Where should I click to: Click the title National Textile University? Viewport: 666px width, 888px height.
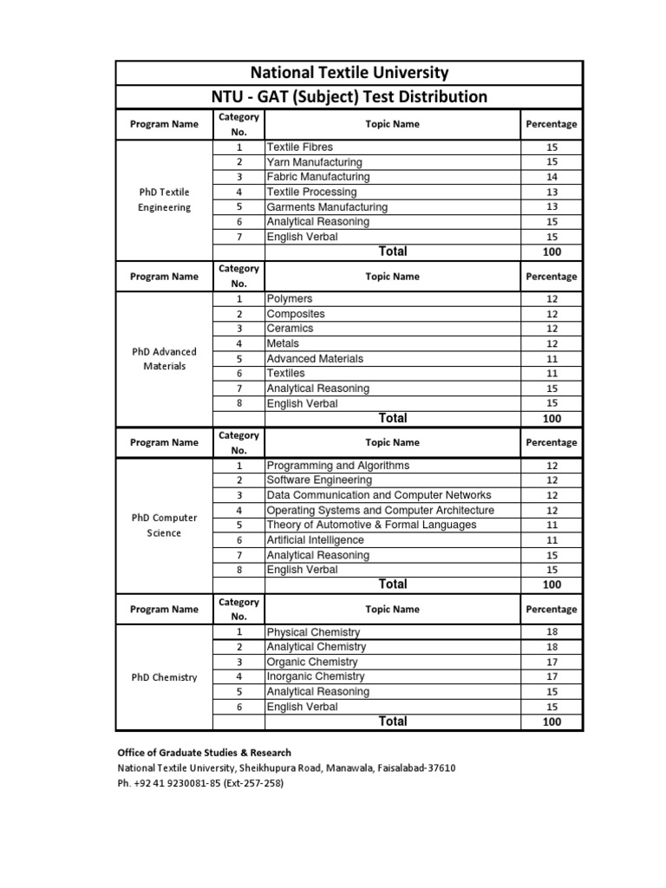point(349,73)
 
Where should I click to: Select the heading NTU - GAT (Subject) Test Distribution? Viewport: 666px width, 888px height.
point(349,96)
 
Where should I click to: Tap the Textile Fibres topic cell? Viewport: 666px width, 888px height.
point(300,147)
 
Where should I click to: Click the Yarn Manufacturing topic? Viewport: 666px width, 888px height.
point(315,162)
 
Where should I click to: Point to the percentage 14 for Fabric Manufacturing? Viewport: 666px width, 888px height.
point(552,177)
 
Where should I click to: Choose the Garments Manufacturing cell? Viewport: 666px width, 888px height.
point(327,207)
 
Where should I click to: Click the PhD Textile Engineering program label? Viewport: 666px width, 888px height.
point(164,199)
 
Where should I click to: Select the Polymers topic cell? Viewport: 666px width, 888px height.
point(291,299)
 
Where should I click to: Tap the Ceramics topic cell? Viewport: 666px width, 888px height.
point(291,329)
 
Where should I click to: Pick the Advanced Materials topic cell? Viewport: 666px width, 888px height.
point(316,359)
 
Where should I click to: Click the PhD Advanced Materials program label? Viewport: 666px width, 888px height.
point(164,359)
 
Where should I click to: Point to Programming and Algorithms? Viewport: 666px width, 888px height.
point(338,466)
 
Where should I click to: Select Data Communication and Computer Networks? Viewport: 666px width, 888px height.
point(379,495)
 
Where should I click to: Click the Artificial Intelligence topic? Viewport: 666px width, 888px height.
point(316,540)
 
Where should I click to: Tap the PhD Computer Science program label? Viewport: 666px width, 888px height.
point(164,525)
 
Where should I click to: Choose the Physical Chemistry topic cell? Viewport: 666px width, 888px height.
point(313,632)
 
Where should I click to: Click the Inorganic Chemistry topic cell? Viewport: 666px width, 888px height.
point(316,676)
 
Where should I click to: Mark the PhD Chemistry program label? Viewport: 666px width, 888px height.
point(164,677)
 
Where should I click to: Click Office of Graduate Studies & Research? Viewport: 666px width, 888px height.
point(205,753)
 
